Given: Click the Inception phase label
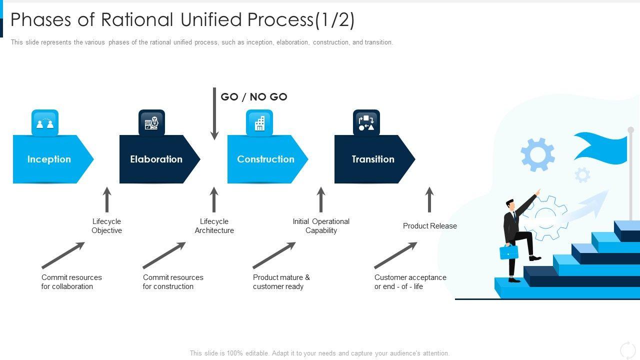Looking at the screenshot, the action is (x=49, y=159).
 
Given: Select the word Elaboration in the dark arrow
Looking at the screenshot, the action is (x=156, y=159).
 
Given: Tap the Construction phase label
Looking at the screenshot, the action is (x=265, y=159).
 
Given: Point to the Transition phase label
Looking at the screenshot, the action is (x=373, y=159).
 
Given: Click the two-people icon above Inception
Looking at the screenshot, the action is (x=45, y=123).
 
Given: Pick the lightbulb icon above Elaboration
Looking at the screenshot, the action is (x=151, y=123).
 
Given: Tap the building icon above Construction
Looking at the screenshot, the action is (x=259, y=123).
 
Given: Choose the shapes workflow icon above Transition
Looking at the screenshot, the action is (x=366, y=123).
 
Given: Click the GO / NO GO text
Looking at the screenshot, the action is (x=254, y=97).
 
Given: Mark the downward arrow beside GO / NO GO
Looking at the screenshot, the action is (x=214, y=113).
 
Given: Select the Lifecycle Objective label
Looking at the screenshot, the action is (x=106, y=226).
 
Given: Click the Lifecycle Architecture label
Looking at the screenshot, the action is (x=214, y=226).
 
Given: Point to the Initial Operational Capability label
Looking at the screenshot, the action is (x=321, y=226).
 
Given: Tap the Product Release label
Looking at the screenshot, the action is (x=429, y=226).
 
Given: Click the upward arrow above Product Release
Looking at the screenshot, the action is (x=429, y=199).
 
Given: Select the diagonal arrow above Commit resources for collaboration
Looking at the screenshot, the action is (x=63, y=255).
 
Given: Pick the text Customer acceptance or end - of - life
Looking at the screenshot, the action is (x=410, y=282).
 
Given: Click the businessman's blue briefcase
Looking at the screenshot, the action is (x=509, y=252).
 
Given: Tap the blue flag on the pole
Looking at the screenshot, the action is (x=600, y=148).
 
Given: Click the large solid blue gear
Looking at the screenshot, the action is (x=537, y=154).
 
